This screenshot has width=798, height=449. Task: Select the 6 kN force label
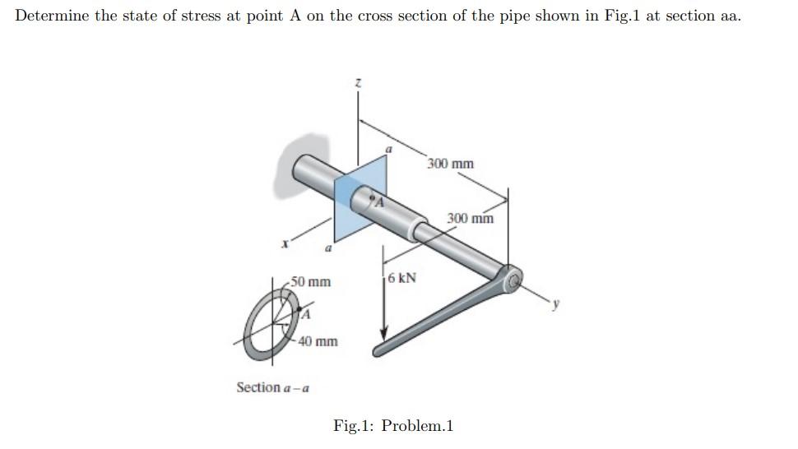tap(401, 278)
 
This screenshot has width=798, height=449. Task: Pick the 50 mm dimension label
tap(313, 282)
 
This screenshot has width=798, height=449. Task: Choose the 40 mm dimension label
tap(318, 340)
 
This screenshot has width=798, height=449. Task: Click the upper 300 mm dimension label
tap(451, 164)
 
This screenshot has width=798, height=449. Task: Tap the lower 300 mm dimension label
tap(471, 218)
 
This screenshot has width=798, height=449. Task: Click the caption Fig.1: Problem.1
tap(393, 426)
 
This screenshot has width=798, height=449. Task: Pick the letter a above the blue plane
tap(390, 150)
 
